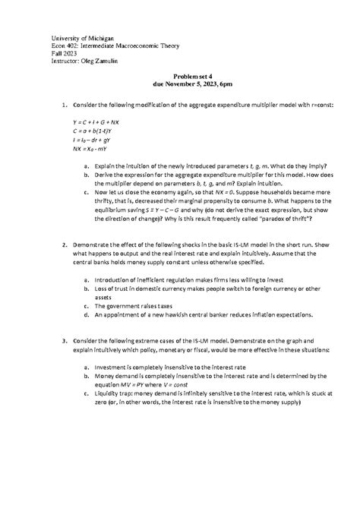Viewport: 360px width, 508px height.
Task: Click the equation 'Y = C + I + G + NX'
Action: coord(96,121)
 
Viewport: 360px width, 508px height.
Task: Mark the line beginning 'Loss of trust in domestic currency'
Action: coord(197,289)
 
